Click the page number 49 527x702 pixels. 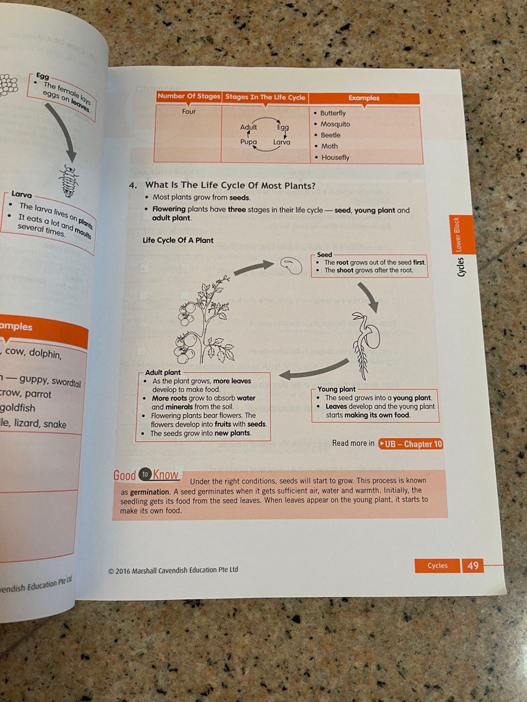[473, 565]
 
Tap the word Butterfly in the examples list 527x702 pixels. [333, 113]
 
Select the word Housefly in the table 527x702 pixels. [335, 157]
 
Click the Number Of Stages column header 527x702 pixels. [189, 97]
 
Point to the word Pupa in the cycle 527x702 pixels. [249, 142]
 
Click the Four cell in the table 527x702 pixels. [189, 111]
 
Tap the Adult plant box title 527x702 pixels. [163, 373]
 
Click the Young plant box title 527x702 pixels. [336, 389]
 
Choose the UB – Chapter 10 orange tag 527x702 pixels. [411, 444]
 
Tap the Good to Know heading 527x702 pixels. [146, 475]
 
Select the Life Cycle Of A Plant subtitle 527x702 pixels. [178, 240]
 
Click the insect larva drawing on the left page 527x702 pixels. [67, 175]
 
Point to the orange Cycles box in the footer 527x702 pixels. [437, 565]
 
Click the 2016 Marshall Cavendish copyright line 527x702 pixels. [174, 570]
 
